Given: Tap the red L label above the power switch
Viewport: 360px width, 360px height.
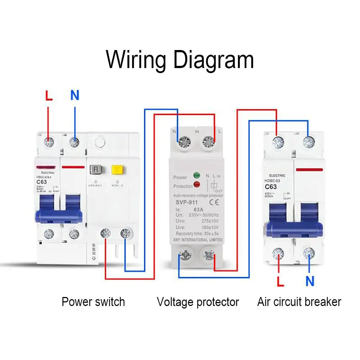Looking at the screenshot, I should click(x=49, y=96).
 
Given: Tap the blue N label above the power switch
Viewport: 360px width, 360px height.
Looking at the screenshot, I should click(x=75, y=95).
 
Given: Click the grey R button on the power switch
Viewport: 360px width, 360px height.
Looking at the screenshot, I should click(x=96, y=170).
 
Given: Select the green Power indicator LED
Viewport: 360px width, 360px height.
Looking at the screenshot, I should click(x=197, y=176).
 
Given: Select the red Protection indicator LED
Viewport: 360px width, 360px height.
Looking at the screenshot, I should click(x=197, y=185).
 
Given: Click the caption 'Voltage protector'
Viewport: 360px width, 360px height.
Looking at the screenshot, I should click(x=198, y=302).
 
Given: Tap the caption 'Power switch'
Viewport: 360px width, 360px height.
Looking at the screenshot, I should click(x=93, y=302).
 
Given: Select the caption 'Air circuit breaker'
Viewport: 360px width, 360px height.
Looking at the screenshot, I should click(x=299, y=302).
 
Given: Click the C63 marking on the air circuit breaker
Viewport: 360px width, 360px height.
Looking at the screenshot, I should click(x=271, y=186).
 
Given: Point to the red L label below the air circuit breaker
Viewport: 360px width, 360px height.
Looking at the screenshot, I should click(x=280, y=282).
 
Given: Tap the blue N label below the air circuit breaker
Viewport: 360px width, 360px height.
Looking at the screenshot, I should click(x=310, y=282).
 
